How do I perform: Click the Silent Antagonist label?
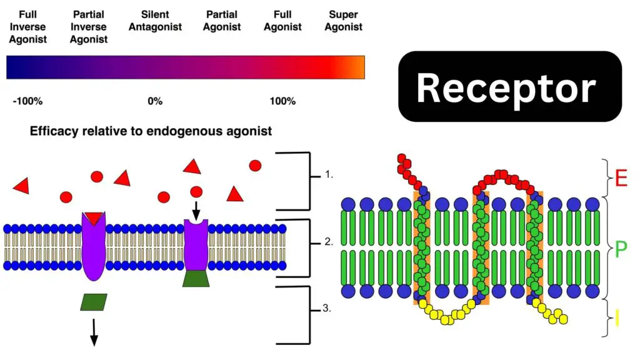click(x=155, y=21)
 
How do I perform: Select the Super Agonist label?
click(x=343, y=21)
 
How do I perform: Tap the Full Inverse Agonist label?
click(x=27, y=27)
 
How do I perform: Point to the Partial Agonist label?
click(x=222, y=21)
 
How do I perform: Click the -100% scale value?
click(x=27, y=101)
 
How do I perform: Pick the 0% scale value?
click(x=155, y=101)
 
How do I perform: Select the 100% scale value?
click(x=282, y=101)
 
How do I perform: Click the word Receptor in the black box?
click(x=506, y=88)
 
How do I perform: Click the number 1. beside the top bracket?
click(x=329, y=175)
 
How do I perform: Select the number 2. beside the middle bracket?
click(x=329, y=242)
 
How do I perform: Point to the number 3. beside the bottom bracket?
click(x=327, y=308)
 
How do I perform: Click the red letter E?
click(x=621, y=178)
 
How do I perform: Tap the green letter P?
click(x=621, y=249)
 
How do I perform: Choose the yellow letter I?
click(x=617, y=318)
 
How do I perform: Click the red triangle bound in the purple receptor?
click(x=94, y=218)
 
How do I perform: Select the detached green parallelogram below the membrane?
click(x=94, y=302)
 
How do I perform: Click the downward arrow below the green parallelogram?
click(x=94, y=332)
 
